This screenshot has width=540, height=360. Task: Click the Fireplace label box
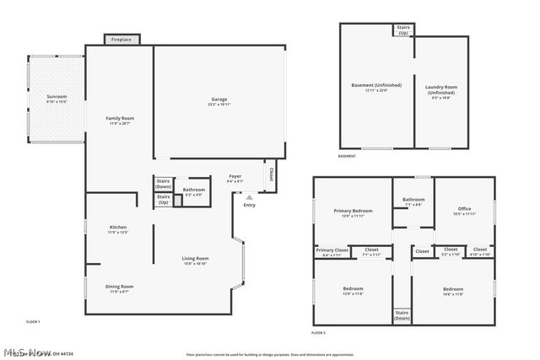(121, 39)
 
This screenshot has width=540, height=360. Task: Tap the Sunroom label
(57, 98)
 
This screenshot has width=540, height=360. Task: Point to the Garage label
(219, 100)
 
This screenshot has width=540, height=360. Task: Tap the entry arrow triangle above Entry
(249, 197)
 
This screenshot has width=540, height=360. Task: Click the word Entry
(249, 205)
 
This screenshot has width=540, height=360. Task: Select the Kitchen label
(118, 228)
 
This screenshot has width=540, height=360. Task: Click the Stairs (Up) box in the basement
(403, 30)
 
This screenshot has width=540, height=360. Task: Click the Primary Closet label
(332, 251)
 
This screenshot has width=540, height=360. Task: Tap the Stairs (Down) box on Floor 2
(402, 315)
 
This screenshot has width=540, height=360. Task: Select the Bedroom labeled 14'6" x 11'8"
(453, 291)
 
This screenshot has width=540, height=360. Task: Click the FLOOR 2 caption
(318, 333)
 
